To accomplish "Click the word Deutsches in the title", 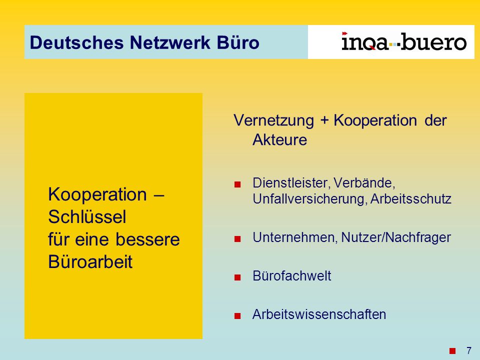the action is (x=77, y=42).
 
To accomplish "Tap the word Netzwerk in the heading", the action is (x=170, y=42).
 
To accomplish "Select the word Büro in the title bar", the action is (x=238, y=42).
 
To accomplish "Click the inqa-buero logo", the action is (x=404, y=41).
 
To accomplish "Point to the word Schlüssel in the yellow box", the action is (x=87, y=216).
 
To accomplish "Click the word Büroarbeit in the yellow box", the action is (x=90, y=261).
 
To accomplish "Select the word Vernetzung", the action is (x=273, y=120).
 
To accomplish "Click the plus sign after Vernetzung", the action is (x=324, y=120).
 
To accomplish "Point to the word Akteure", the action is (x=280, y=140).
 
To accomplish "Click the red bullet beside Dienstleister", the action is (x=237, y=184).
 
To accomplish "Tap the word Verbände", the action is (x=364, y=183).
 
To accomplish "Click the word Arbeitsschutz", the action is (x=411, y=199).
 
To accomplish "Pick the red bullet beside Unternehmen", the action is (x=237, y=239).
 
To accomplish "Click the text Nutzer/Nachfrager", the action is (x=396, y=237).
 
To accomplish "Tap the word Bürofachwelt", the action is (x=291, y=276).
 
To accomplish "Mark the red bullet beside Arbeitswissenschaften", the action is (x=237, y=316).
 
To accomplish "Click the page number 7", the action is (x=468, y=350).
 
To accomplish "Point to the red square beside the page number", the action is (x=452, y=350).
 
